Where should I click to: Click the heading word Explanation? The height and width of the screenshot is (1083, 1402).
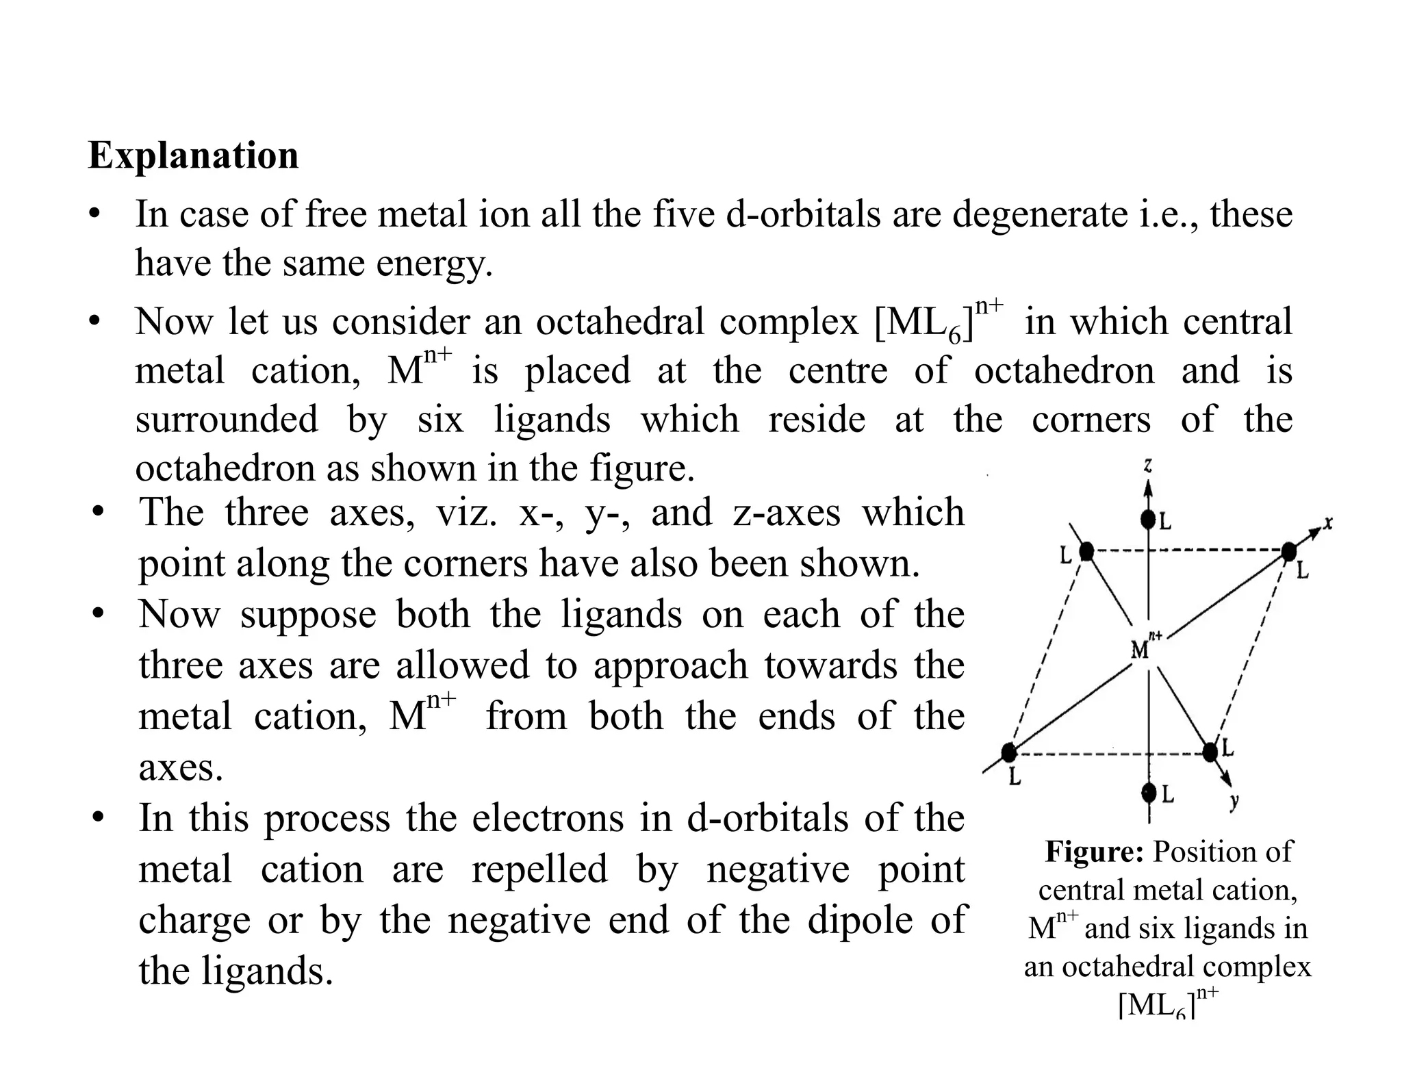pyautogui.click(x=193, y=155)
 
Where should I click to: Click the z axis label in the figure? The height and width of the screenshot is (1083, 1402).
pyautogui.click(x=1148, y=466)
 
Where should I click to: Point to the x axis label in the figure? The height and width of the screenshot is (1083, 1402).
pyautogui.click(x=1328, y=523)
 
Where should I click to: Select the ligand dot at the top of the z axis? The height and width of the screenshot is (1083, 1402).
pyautogui.click(x=1148, y=520)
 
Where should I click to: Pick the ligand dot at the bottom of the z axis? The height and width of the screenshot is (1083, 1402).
pyautogui.click(x=1149, y=793)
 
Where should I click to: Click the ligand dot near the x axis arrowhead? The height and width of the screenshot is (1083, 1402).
pyautogui.click(x=1289, y=550)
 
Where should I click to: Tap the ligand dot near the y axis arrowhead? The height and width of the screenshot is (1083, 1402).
pyautogui.click(x=1210, y=752)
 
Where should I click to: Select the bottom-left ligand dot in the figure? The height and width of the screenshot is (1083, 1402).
pyautogui.click(x=1008, y=753)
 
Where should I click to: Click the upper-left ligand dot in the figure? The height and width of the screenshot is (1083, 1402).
pyautogui.click(x=1086, y=550)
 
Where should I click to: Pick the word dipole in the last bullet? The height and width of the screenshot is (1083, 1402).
pyautogui.click(x=860, y=920)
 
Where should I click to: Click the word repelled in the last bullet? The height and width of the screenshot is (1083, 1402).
pyautogui.click(x=539, y=869)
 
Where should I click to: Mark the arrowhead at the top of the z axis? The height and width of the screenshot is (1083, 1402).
pyautogui.click(x=1149, y=487)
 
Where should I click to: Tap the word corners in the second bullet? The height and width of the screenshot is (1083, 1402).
pyautogui.click(x=1091, y=420)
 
